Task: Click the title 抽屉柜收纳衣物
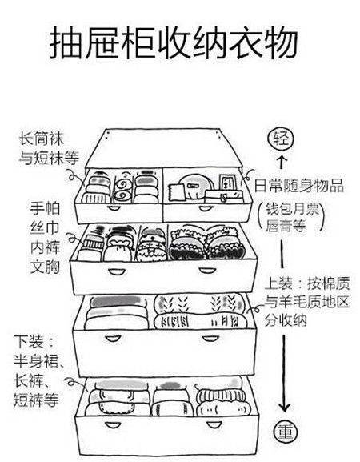pos(173,42)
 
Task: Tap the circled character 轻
pos(281,139)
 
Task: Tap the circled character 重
pos(286,432)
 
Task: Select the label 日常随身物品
pos(298,186)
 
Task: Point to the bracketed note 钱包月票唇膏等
pos(292,218)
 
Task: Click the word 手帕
pos(45,208)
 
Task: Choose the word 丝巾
pos(45,227)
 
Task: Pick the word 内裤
pos(45,247)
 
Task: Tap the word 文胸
pos(45,267)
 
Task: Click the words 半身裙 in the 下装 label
pos(36,360)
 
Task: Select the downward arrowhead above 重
pos(284,408)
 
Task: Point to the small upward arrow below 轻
pos(282,162)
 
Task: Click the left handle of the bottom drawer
pos(113,424)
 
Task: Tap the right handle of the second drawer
pos(206,271)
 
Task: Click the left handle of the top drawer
pos(114,208)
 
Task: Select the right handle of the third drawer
pos(210,338)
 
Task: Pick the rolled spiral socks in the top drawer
pos(122,188)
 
